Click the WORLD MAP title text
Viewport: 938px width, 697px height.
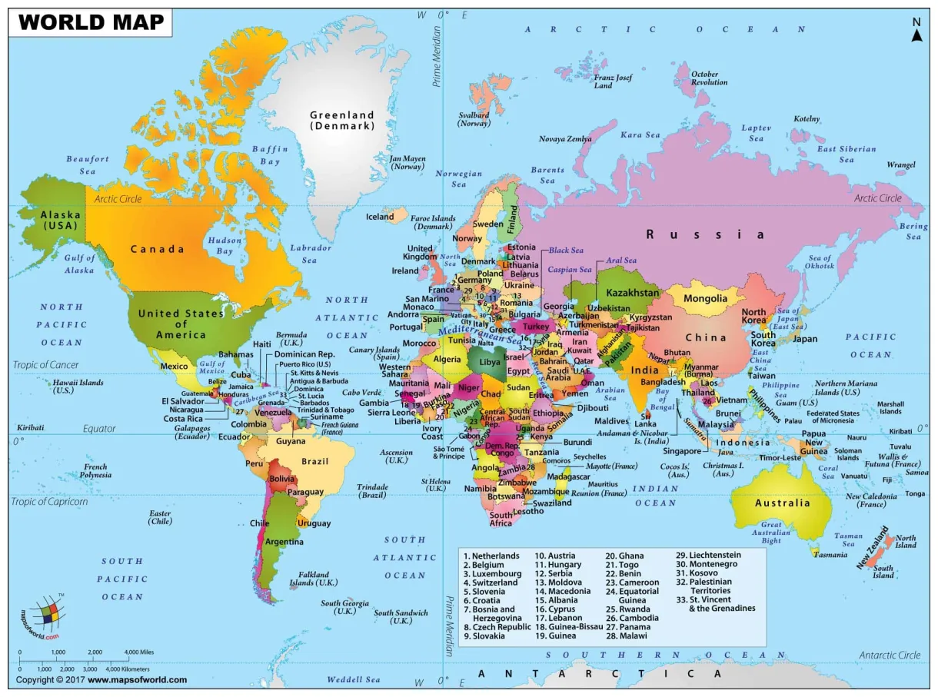pos(91,22)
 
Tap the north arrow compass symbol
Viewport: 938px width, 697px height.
pos(916,32)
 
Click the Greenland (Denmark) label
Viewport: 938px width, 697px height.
pos(342,120)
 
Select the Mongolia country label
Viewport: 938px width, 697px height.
pos(705,298)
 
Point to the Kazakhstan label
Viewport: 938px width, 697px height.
pos(633,293)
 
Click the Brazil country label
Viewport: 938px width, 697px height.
pos(315,461)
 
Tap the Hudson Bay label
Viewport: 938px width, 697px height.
pos(225,246)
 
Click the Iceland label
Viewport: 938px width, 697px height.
pos(380,217)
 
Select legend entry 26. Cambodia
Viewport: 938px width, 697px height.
pos(632,618)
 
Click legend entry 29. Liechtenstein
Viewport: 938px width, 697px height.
pos(708,555)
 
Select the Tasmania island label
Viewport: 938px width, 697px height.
pos(831,555)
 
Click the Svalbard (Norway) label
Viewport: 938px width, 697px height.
pos(474,119)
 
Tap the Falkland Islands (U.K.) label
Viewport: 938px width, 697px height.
pos(314,578)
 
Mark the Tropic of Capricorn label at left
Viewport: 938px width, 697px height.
pos(49,502)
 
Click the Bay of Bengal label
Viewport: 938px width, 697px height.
pos(661,399)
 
